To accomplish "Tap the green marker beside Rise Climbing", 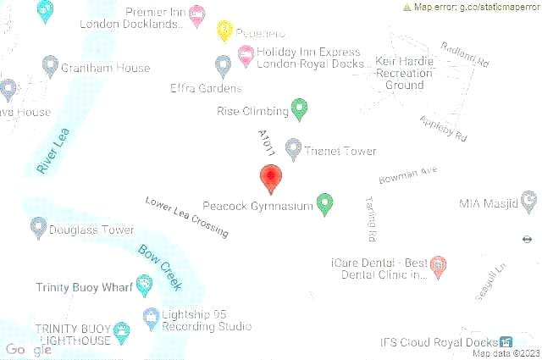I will (299, 108).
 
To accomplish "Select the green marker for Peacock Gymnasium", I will (324, 203).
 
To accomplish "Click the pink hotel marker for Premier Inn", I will (196, 14).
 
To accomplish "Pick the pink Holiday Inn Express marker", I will (246, 56).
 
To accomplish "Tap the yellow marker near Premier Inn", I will (224, 30).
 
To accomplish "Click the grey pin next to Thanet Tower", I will (293, 149).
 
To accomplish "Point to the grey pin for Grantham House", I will (50, 66).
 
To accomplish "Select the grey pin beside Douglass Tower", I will (38, 227).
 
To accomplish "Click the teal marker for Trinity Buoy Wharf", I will (144, 285).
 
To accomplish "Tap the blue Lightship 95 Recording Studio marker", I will (151, 318).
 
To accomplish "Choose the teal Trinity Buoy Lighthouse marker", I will (122, 332).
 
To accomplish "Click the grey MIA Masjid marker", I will (529, 201).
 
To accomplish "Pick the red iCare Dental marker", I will (439, 267).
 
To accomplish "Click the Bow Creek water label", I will (159, 264).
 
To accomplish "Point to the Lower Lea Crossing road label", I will (186, 217).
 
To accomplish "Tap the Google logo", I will (28, 349).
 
